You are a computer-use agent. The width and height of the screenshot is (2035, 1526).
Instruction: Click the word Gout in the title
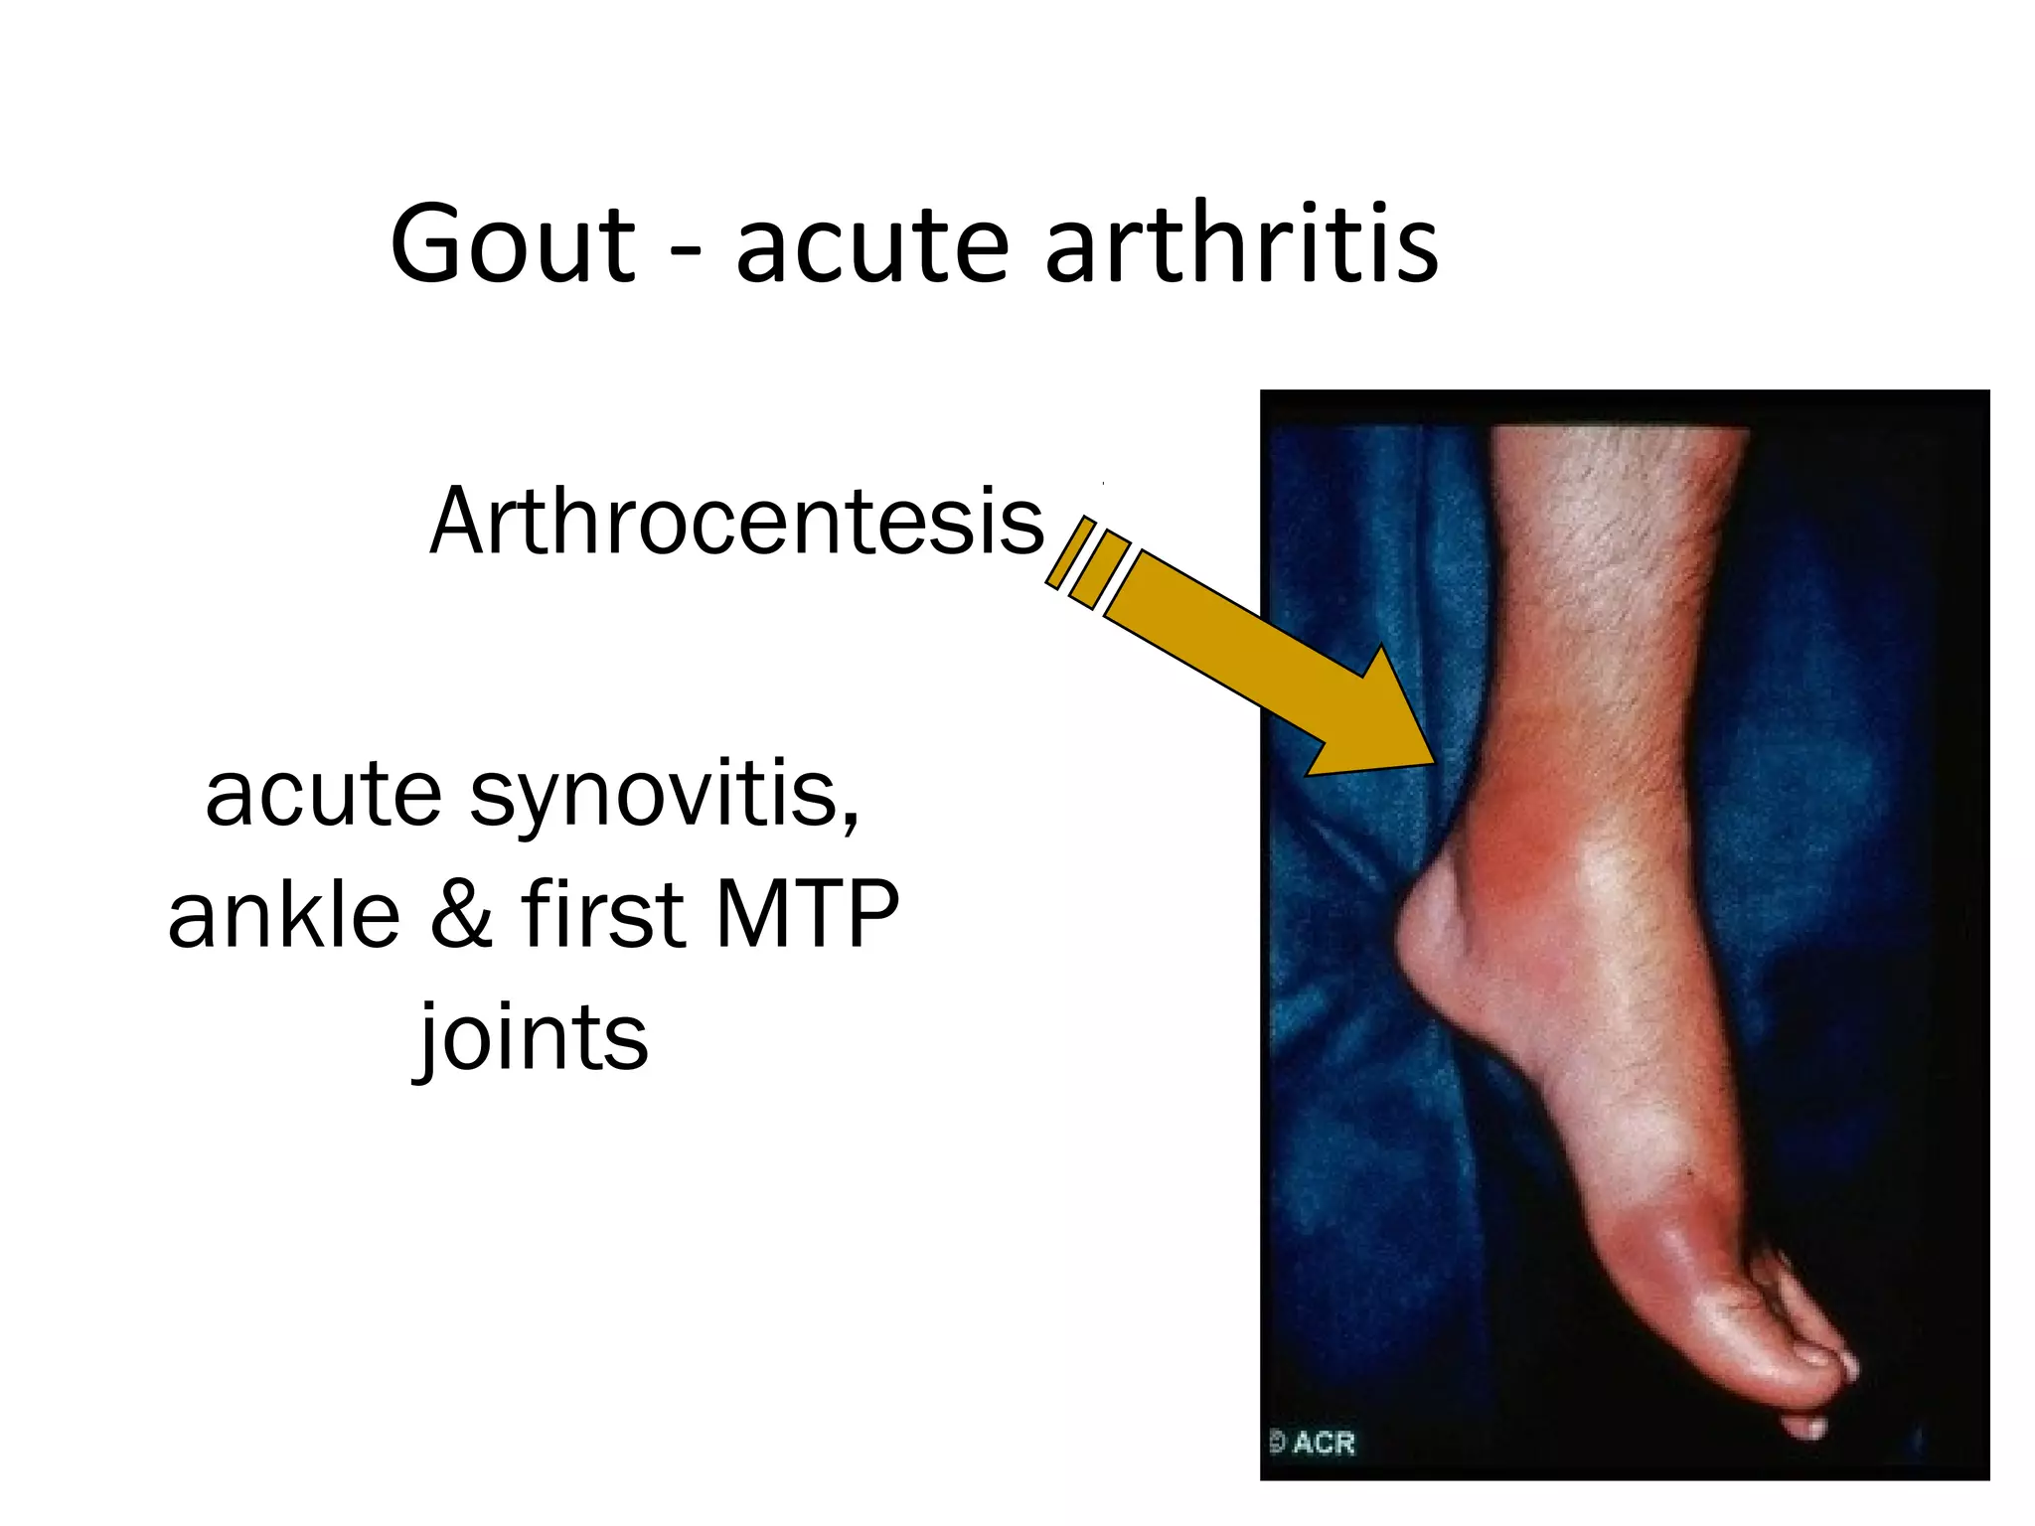pos(512,244)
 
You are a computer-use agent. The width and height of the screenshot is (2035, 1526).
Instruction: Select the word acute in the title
pos(871,244)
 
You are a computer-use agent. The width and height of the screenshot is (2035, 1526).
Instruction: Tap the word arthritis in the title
pos(1241,244)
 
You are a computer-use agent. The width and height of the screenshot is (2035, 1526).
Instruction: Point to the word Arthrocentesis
pos(736,522)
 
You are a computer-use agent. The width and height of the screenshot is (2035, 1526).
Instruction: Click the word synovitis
pos(664,795)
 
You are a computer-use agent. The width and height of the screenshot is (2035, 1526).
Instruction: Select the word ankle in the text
pos(283,914)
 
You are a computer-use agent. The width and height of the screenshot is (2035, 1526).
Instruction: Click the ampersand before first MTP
pos(462,914)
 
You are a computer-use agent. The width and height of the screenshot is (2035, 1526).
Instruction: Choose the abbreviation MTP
pos(806,914)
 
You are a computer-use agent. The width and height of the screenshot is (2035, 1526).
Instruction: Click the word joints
pos(531,1038)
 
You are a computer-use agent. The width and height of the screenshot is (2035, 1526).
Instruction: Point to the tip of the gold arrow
pos(1431,761)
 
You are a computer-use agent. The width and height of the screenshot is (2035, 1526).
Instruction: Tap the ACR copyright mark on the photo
pos(1314,1442)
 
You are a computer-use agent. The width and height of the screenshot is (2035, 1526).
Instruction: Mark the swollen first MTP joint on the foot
pos(1689,1242)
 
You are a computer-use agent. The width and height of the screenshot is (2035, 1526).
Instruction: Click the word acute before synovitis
pos(323,795)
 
